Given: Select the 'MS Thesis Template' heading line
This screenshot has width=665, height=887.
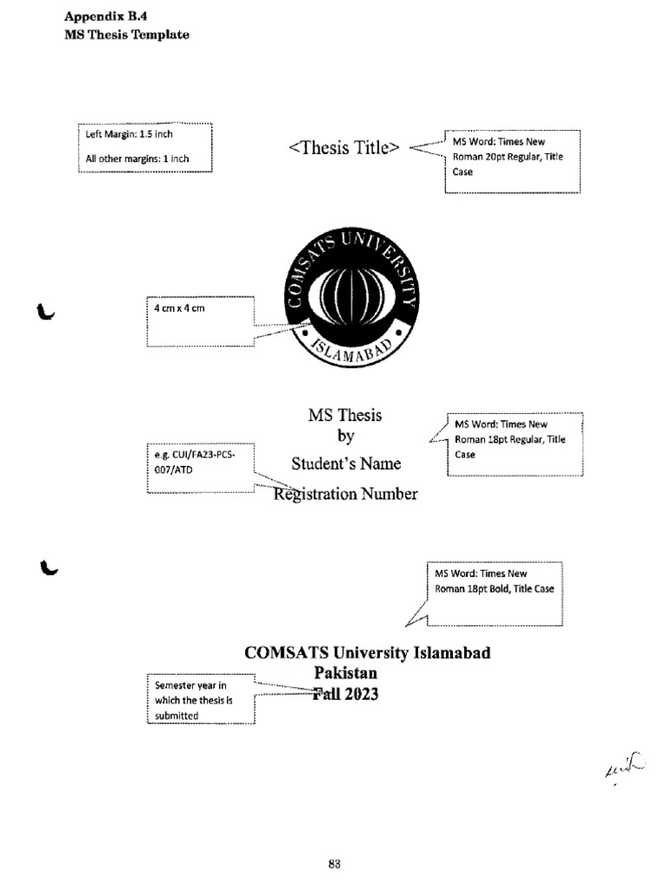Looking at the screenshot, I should [x=127, y=35].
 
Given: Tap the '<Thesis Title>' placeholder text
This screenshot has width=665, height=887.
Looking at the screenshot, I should [x=345, y=147].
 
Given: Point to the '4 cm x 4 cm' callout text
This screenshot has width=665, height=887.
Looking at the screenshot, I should [x=179, y=309].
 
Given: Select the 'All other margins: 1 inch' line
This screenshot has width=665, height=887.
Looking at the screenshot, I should [x=137, y=159].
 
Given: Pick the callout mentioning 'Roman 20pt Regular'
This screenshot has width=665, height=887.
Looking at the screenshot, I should [x=511, y=157].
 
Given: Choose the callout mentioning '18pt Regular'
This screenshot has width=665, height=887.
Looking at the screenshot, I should [x=514, y=439].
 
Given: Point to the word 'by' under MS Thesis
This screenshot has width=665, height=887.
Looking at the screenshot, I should [x=345, y=437].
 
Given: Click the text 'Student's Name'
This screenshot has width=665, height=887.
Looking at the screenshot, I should [x=346, y=463].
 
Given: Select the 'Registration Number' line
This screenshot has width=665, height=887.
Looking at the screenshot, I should [x=346, y=494].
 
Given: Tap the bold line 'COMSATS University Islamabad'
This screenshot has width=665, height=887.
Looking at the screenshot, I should [x=368, y=652].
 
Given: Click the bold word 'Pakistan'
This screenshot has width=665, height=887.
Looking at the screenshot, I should [x=345, y=672].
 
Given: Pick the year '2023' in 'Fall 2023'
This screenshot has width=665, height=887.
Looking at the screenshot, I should [x=362, y=693].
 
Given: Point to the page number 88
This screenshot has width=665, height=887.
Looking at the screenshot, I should [x=335, y=863].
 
